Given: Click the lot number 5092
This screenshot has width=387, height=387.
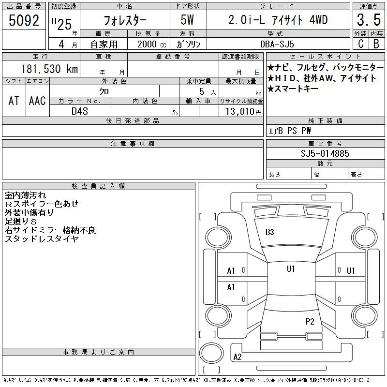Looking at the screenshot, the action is tap(24, 20).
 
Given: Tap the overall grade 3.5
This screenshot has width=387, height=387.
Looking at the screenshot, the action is tap(369, 20).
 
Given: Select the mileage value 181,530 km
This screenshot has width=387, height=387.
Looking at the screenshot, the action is tap(50, 69).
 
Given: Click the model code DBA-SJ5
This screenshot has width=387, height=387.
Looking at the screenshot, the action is tap(277, 44).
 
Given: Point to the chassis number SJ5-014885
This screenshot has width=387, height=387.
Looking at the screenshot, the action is tap(325, 153).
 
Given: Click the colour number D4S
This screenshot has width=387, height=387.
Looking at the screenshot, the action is tap(80, 111).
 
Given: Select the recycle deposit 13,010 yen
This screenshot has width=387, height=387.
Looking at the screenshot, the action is tap(244, 112).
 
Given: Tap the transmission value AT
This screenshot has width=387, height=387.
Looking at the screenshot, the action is tap(14, 101).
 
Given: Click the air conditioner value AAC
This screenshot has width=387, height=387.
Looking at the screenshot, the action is tap(37, 101).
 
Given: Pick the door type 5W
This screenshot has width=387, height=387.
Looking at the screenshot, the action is tap(187, 20).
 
